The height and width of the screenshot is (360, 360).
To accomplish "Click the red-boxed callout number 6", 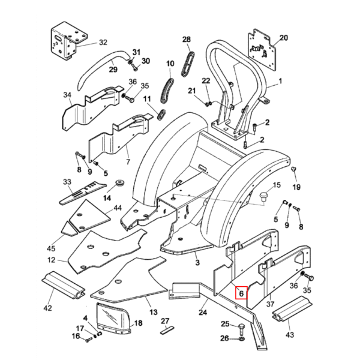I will [x=239, y=293].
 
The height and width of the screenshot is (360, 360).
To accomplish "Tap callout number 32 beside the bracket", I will [x=103, y=43].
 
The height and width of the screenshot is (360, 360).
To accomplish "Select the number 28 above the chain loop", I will [x=186, y=40].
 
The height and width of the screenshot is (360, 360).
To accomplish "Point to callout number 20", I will [x=284, y=38].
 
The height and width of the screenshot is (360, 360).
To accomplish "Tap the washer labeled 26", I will [x=241, y=340].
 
